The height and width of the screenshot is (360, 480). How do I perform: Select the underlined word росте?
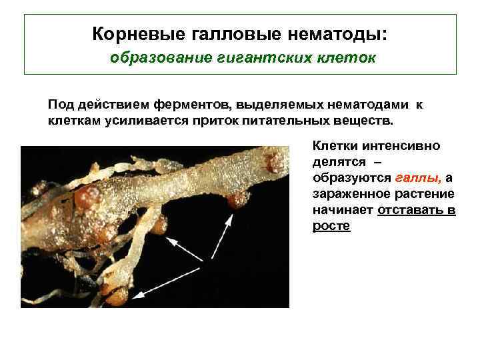coord(331,226)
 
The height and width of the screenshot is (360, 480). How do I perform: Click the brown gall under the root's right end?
coord(235,199)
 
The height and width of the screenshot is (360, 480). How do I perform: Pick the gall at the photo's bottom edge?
coord(117,297)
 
